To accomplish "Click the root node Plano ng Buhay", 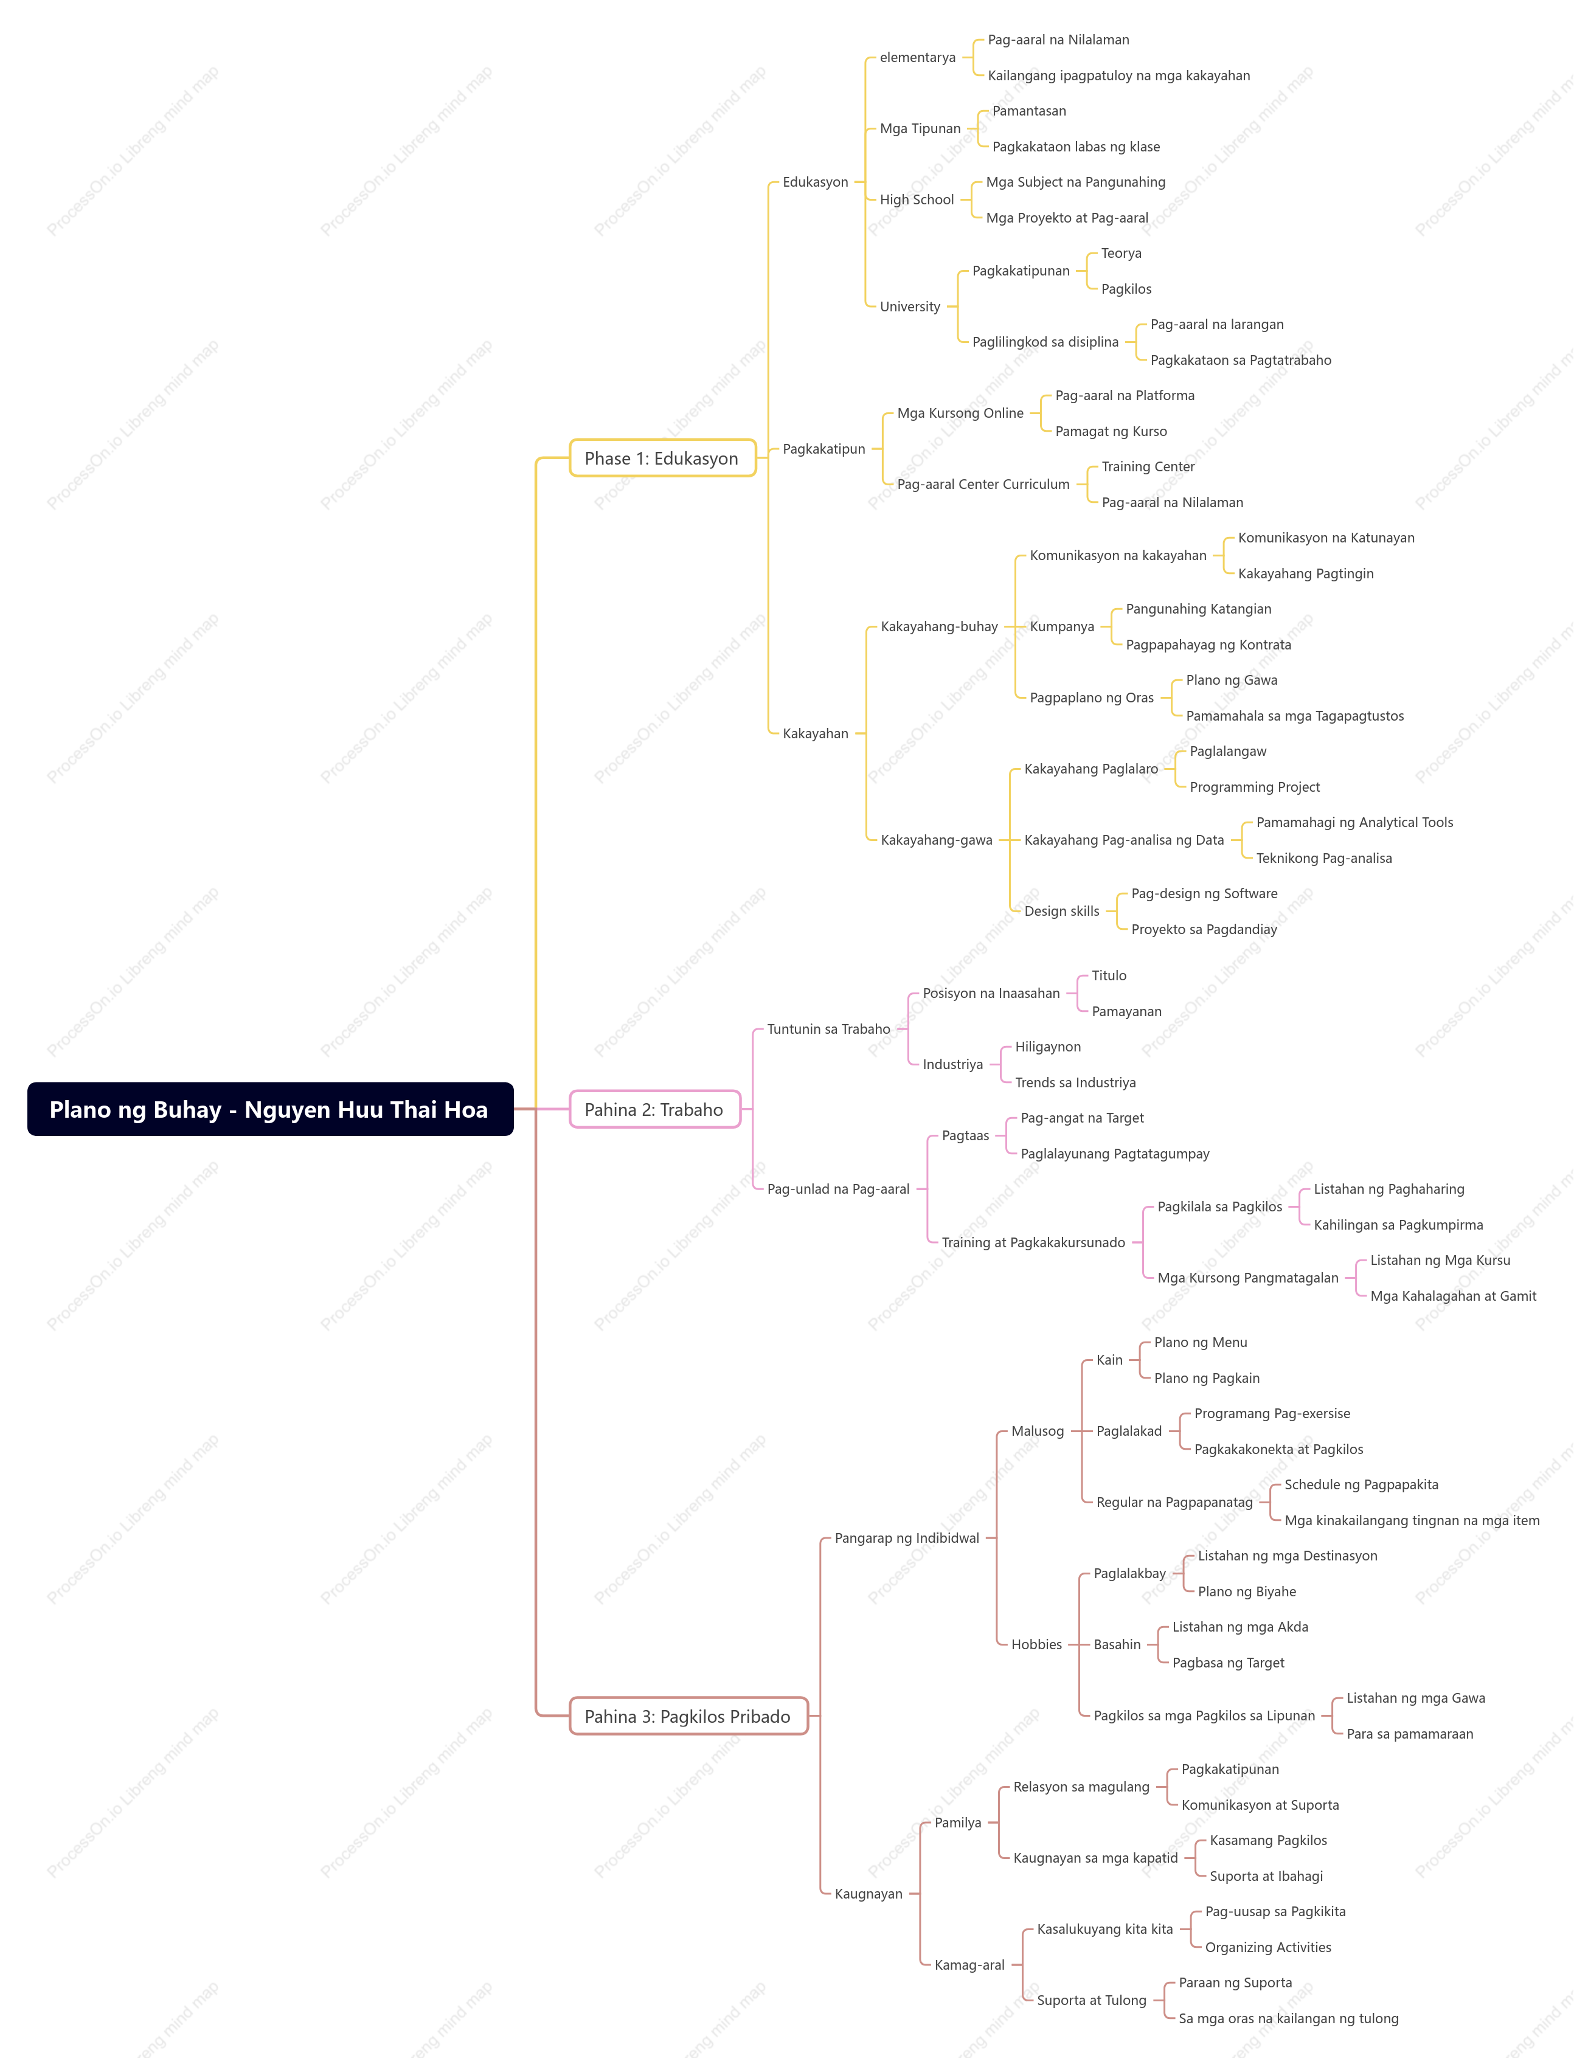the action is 270,1109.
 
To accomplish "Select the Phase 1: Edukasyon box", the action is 662,458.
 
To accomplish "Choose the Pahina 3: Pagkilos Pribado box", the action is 688,1716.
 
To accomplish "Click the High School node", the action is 917,199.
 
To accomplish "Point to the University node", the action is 910,306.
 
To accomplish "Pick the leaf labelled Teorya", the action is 1120,253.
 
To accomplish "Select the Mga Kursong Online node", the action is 960,413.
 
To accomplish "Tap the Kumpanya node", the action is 1061,626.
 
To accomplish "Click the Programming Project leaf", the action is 1255,787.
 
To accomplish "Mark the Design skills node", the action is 1061,912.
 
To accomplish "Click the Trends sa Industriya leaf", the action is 1075,1082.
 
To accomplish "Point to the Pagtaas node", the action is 965,1136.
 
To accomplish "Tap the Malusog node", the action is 1037,1431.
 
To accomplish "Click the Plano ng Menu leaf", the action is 1200,1342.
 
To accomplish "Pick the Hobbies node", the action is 1036,1644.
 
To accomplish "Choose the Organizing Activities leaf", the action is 1267,1947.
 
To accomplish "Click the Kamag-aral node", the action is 969,1965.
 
